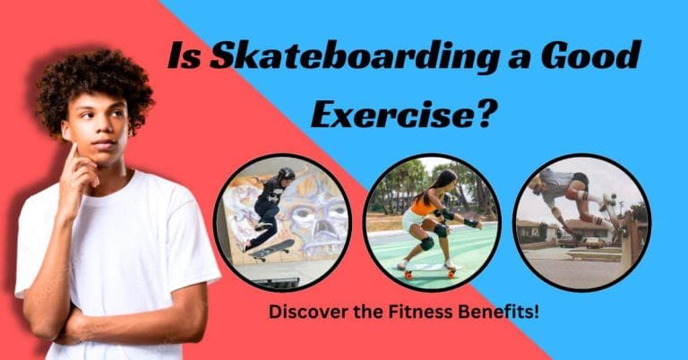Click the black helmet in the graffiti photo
point(286,174)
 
